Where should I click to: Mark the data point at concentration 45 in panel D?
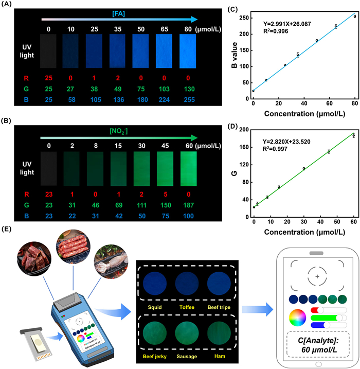point(329,151)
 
